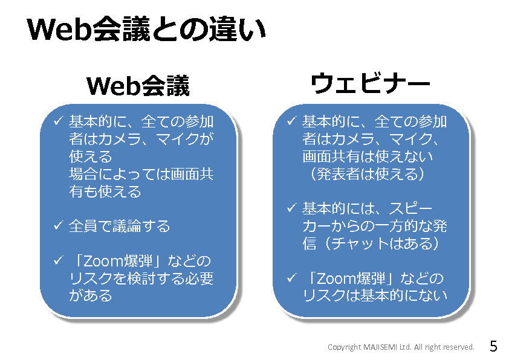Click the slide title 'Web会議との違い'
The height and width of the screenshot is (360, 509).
pyautogui.click(x=146, y=30)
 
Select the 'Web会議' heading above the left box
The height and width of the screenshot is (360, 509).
pyautogui.click(x=138, y=86)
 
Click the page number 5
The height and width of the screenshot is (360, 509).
pyautogui.click(x=493, y=346)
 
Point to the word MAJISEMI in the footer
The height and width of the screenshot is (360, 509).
pyautogui.click(x=380, y=347)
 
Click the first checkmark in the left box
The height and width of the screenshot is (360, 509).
pyautogui.click(x=58, y=121)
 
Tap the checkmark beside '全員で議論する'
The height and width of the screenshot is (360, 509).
pyautogui.click(x=58, y=225)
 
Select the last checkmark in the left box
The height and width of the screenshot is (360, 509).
pyautogui.click(x=58, y=260)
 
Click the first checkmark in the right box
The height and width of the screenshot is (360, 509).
pyautogui.click(x=291, y=121)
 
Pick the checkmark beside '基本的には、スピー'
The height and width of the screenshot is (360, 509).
pyautogui.click(x=291, y=208)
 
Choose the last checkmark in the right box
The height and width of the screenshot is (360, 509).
pyautogui.click(x=291, y=278)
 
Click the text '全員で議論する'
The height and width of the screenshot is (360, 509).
pyautogui.click(x=120, y=226)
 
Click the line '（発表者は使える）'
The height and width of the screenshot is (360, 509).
pyautogui.click(x=367, y=174)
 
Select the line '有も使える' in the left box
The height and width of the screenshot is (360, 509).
pyautogui.click(x=105, y=191)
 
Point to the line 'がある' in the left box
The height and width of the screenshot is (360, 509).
pyautogui.click(x=91, y=296)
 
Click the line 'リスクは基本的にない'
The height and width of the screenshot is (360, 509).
pyautogui.click(x=375, y=295)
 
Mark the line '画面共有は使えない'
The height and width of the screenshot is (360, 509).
pyautogui.click(x=368, y=156)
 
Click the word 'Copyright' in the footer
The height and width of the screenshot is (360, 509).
pyautogui.click(x=344, y=347)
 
